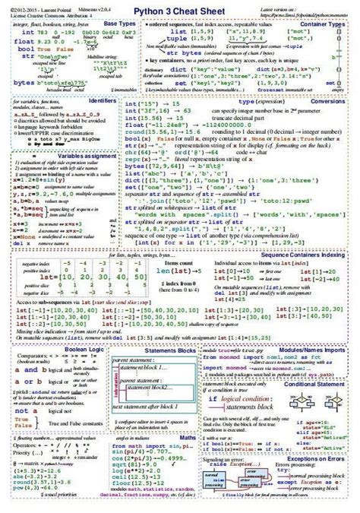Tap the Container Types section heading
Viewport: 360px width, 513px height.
coord(330,24)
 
